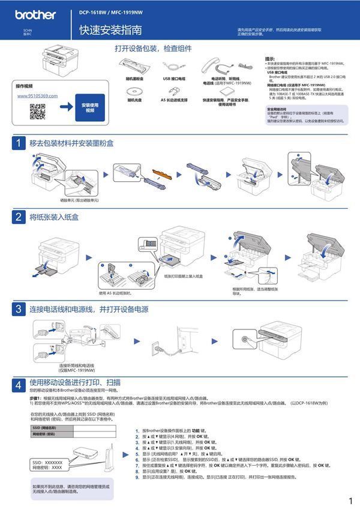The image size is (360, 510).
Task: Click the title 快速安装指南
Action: point(110,29)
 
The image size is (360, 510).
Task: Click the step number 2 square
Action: point(19,216)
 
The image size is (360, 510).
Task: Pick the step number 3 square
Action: point(19,310)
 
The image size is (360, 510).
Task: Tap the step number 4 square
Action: point(19,383)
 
